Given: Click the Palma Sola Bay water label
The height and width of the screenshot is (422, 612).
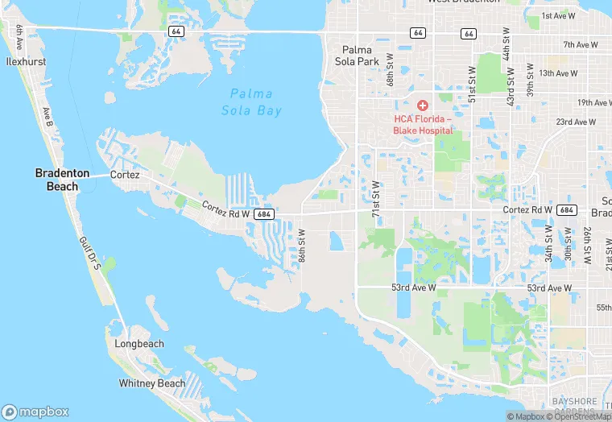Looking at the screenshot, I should (252, 101).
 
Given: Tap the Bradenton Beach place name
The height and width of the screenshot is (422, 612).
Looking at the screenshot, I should (56, 180).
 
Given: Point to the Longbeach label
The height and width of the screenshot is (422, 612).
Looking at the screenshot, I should (139, 344).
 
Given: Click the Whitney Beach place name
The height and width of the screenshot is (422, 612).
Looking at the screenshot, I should (152, 383).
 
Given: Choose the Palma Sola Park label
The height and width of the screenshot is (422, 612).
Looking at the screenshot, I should (356, 55).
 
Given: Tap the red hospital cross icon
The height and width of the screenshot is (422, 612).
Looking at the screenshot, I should (423, 106).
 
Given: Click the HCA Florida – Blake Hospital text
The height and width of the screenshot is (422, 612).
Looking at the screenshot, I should (424, 124).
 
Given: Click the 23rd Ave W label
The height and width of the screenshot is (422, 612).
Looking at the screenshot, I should (576, 122).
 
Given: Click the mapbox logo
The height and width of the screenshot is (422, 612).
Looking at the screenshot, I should (37, 411).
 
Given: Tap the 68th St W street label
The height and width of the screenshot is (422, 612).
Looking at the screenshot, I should (390, 71).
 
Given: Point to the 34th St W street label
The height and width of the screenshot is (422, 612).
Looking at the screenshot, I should (548, 244).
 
